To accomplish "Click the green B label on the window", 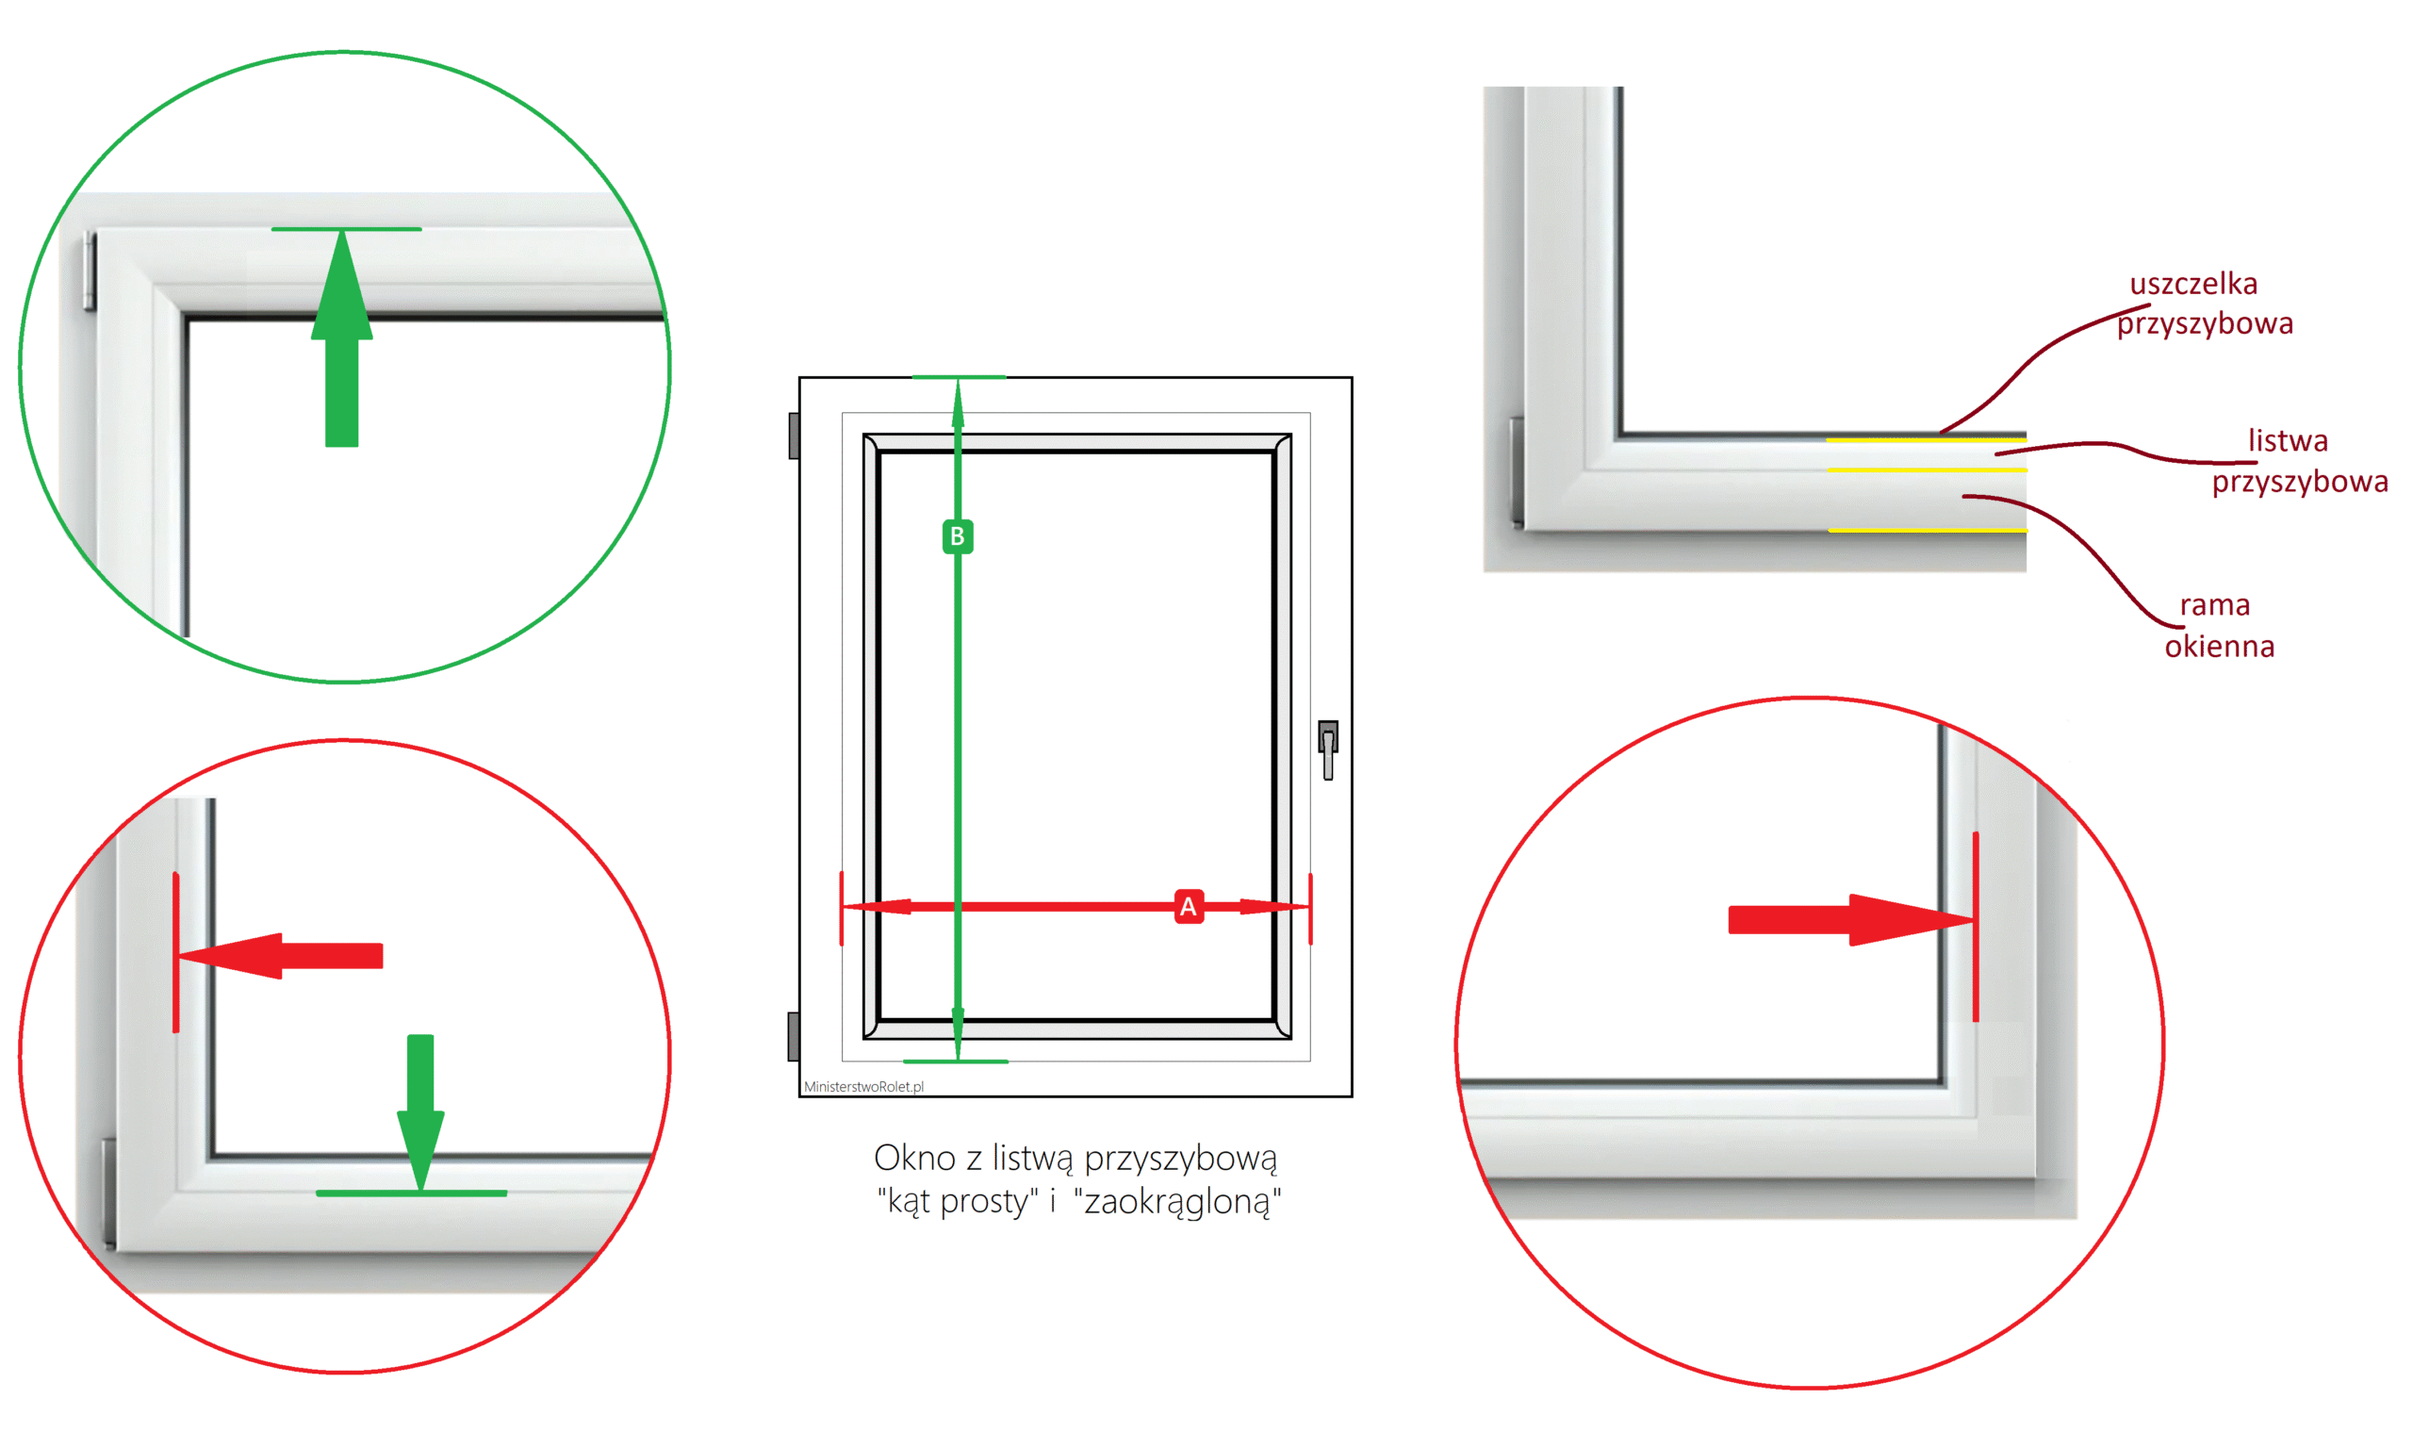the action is (957, 536).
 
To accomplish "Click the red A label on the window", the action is (1189, 906).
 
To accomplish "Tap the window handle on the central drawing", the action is (1327, 749).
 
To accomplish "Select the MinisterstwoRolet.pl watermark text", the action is (863, 1087).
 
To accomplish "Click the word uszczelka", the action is (2193, 284).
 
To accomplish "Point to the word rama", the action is (2214, 605).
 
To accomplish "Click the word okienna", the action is (2219, 646).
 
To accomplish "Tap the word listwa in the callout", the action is (2288, 441).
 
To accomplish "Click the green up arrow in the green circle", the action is (342, 337).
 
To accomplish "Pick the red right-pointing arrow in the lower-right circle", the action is (1850, 919).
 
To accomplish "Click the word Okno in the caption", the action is (914, 1157).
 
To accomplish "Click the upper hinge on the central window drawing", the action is (794, 436).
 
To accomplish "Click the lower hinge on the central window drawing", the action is (794, 1036).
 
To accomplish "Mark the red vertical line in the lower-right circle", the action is (1976, 927).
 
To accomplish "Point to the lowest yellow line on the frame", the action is (1928, 530).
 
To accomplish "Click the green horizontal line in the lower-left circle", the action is (412, 1193).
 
